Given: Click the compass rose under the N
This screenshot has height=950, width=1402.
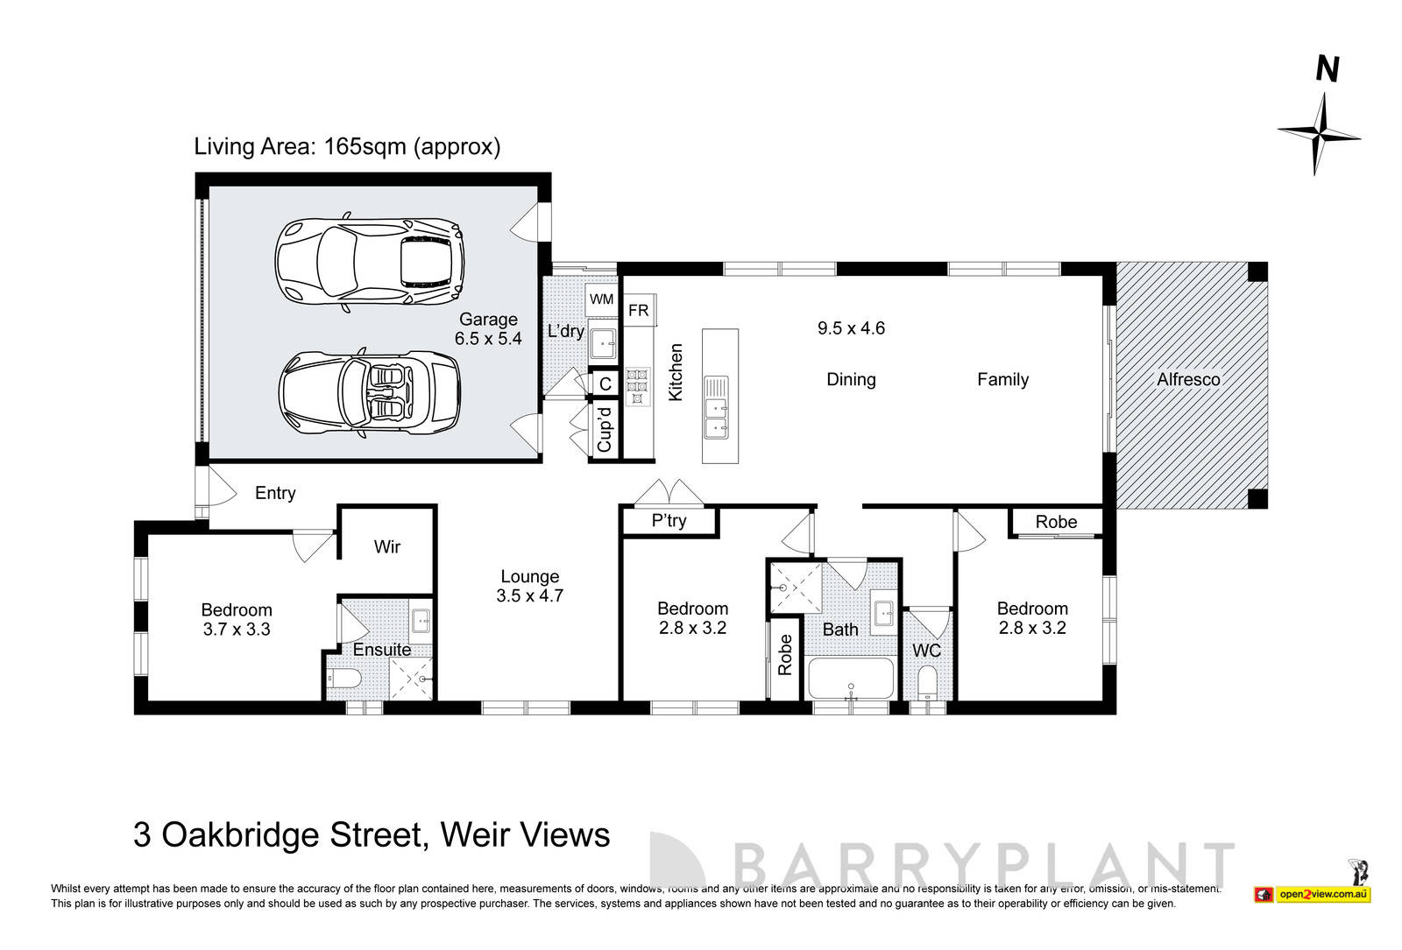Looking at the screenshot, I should [1318, 134].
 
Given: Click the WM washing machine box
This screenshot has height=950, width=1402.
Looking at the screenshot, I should [602, 299].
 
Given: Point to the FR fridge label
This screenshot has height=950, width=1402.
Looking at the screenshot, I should [638, 310].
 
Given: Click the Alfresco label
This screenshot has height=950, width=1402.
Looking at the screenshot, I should [1188, 379].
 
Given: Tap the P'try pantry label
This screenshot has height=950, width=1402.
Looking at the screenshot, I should [669, 521].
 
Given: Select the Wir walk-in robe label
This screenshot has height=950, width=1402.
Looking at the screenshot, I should [387, 547].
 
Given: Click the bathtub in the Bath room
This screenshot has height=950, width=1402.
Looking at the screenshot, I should [851, 678].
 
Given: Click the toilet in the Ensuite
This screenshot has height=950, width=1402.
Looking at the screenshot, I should [343, 680].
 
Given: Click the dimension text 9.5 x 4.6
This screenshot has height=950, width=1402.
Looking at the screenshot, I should [851, 328].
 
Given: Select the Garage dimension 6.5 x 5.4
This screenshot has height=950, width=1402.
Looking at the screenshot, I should [488, 338].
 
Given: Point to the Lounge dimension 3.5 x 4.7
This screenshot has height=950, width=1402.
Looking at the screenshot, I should [529, 596].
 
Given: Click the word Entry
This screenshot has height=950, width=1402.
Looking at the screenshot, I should [275, 493].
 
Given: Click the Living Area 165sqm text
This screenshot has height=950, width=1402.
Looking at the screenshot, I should [347, 146].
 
